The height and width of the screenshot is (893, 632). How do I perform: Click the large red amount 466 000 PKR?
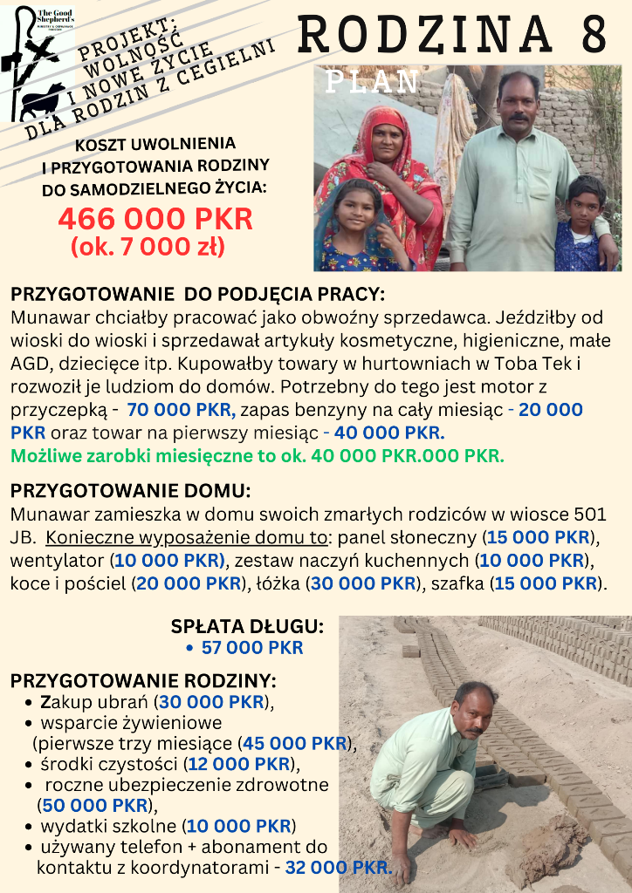pos(155,218)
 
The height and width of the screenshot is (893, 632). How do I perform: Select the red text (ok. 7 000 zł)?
pos(148,248)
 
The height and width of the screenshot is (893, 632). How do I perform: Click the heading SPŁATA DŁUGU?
pos(247,626)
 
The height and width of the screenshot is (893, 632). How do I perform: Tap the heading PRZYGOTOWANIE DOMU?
pos(130,490)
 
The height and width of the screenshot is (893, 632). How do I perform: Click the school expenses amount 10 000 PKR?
pos(238,826)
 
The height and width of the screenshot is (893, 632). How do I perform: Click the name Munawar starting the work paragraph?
pos(44,318)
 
